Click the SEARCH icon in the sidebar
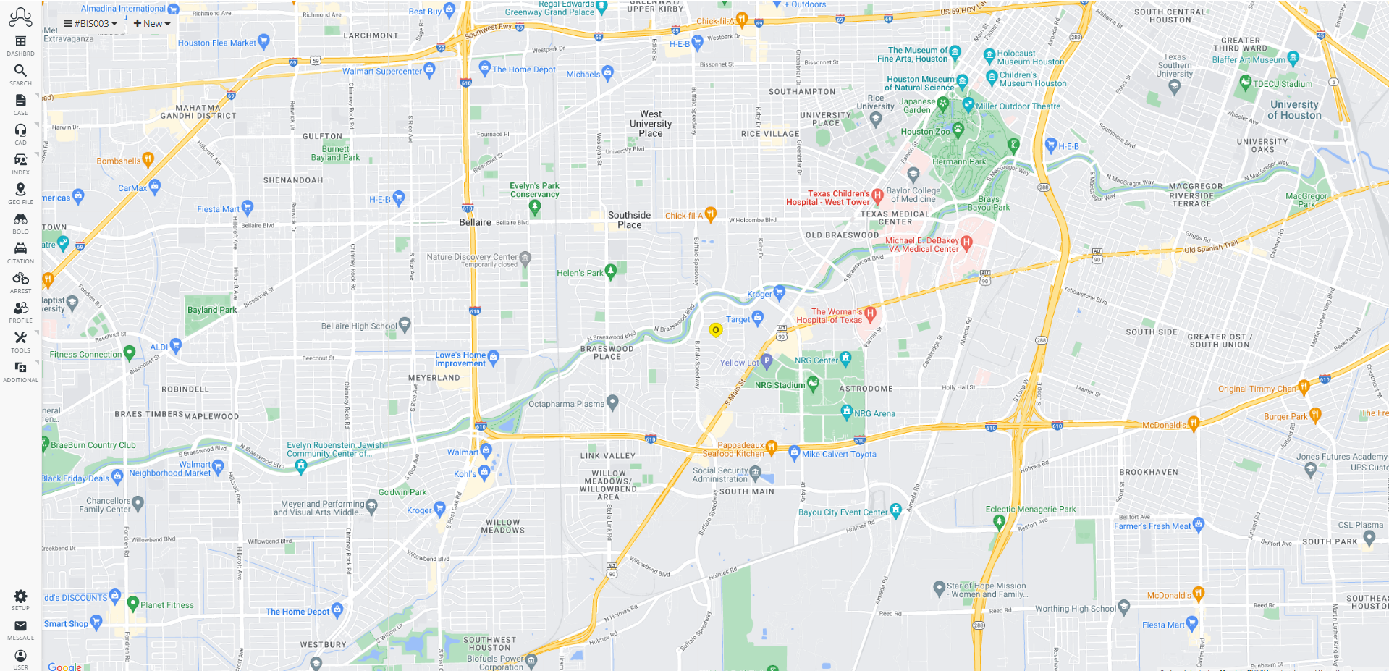click(20, 71)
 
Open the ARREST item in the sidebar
click(20, 279)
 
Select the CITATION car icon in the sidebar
click(20, 249)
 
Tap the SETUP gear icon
click(20, 596)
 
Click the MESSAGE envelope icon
click(20, 626)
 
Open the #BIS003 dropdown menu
click(91, 24)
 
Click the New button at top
click(152, 24)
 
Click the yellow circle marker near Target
click(715, 330)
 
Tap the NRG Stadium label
click(779, 385)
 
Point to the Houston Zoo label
click(925, 132)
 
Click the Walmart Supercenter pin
click(429, 69)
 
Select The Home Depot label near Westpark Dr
click(524, 69)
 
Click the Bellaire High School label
click(359, 326)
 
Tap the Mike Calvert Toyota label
click(839, 455)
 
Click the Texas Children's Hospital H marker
click(877, 195)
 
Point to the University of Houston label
click(1294, 110)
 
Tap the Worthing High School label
click(1076, 609)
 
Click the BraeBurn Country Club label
click(93, 445)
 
